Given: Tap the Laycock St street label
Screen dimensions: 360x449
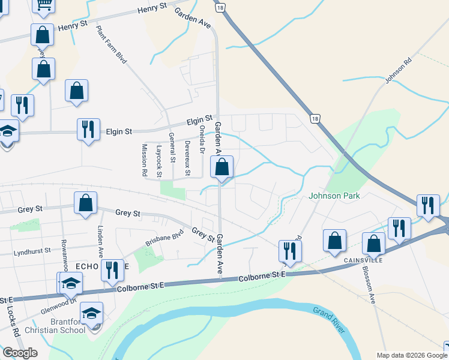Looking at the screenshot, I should click(159, 161).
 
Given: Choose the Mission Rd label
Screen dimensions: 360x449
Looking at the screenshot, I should click(144, 160).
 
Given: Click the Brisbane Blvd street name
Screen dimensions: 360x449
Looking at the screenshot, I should click(163, 239).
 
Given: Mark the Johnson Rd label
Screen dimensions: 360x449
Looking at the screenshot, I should click(398, 71).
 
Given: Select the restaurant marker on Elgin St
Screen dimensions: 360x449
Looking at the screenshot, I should click(88, 128).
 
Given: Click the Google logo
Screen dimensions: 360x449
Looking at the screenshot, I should click(19, 353).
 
